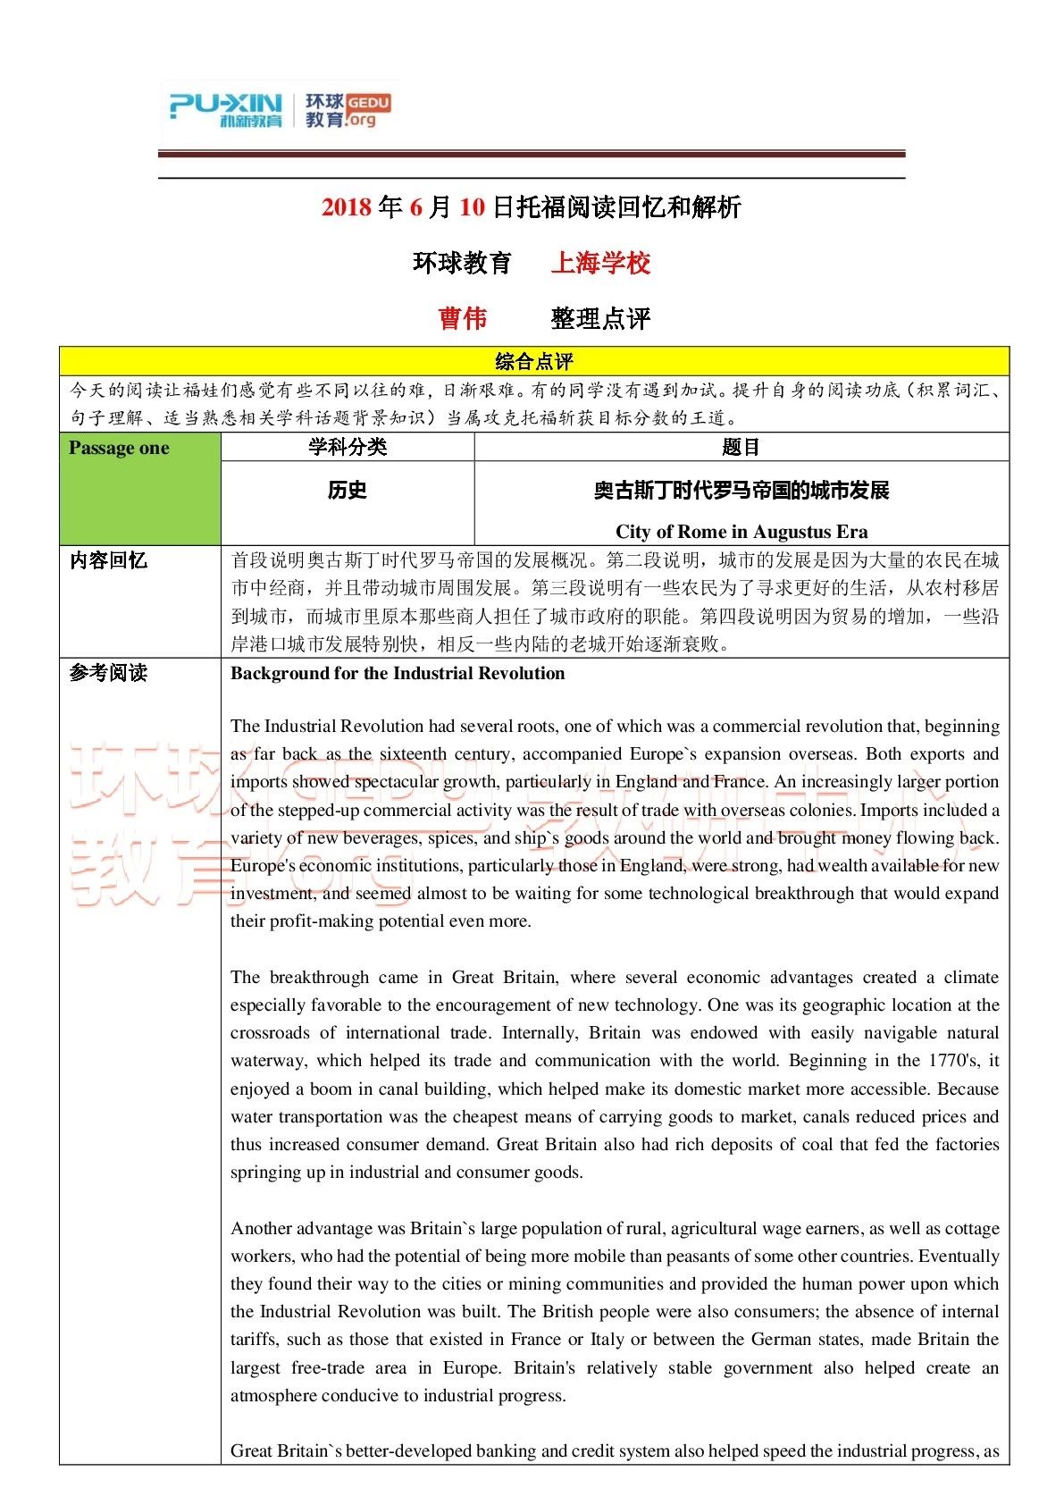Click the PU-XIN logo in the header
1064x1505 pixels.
click(x=225, y=109)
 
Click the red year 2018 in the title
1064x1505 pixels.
click(x=347, y=207)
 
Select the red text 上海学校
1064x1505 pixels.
click(x=600, y=263)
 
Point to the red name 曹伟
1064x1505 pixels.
click(x=463, y=318)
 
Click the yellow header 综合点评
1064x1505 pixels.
click(x=534, y=361)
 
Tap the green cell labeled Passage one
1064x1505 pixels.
click(x=119, y=448)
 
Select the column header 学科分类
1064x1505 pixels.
click(x=348, y=447)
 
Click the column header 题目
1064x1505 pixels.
click(x=741, y=447)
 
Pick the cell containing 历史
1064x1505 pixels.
click(x=347, y=490)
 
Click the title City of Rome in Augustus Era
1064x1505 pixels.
click(x=741, y=532)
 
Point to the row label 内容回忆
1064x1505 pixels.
click(x=109, y=560)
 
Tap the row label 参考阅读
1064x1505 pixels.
click(x=109, y=673)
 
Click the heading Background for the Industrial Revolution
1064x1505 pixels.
click(x=398, y=673)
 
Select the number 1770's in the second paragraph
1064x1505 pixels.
click(x=957, y=1060)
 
